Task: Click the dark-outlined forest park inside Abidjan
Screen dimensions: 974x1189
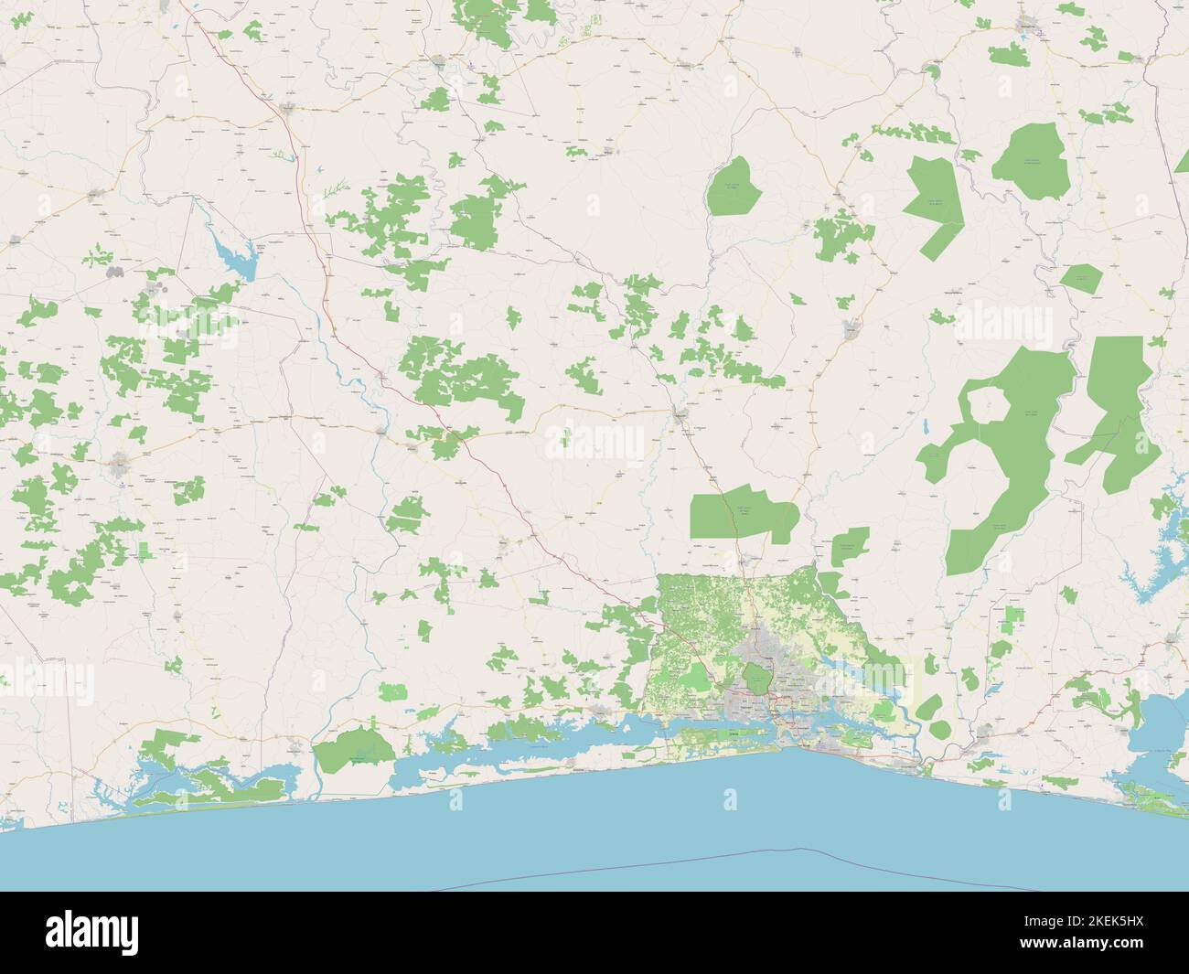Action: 756,679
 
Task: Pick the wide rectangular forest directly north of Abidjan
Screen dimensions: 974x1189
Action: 743,518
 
